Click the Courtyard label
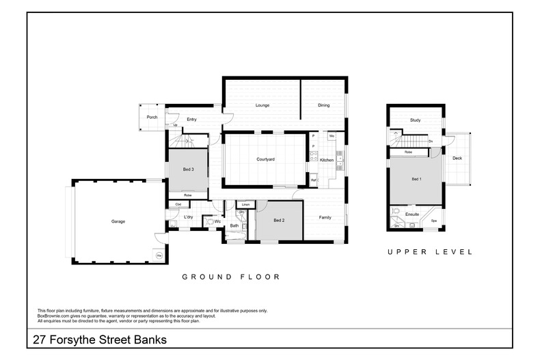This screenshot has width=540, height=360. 265,159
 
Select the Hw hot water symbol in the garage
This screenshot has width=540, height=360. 159,255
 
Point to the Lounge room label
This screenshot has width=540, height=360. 262,105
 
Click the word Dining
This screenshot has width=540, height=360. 323,105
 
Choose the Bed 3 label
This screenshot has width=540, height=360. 188,169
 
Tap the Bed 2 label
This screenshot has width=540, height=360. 278,220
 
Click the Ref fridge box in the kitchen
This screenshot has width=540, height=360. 313,180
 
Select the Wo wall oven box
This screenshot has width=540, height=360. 331,136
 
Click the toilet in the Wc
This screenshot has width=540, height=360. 208,221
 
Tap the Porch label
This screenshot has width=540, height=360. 152,117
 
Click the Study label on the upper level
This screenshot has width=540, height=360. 415,120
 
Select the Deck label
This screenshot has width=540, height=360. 457,158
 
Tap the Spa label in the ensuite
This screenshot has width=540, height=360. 434,221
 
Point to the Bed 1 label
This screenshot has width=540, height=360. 416,179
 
